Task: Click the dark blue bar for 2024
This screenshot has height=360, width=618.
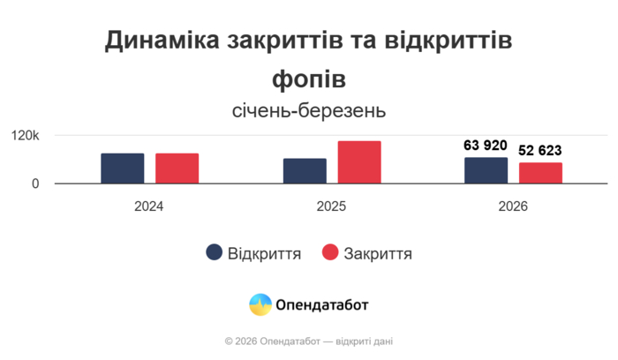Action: click(123, 169)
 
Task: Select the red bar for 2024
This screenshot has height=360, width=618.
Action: click(177, 169)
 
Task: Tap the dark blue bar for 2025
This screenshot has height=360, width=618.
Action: click(305, 171)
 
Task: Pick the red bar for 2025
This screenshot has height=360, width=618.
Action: click(359, 162)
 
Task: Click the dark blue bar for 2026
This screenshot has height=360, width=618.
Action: click(486, 170)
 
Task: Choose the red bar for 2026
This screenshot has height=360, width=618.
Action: click(540, 173)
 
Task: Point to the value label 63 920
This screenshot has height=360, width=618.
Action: click(486, 146)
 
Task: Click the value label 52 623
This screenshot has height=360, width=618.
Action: click(540, 151)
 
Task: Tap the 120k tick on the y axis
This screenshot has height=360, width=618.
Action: click(26, 136)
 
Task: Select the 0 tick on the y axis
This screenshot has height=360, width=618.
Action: click(35, 184)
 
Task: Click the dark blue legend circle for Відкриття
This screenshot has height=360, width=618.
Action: click(215, 253)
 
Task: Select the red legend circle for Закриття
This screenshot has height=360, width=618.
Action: click(331, 253)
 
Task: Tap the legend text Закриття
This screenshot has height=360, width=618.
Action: click(378, 254)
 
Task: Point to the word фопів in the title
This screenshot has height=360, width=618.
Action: click(309, 79)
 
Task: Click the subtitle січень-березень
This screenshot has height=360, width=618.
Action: click(309, 111)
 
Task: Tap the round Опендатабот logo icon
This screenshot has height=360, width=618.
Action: click(260, 305)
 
